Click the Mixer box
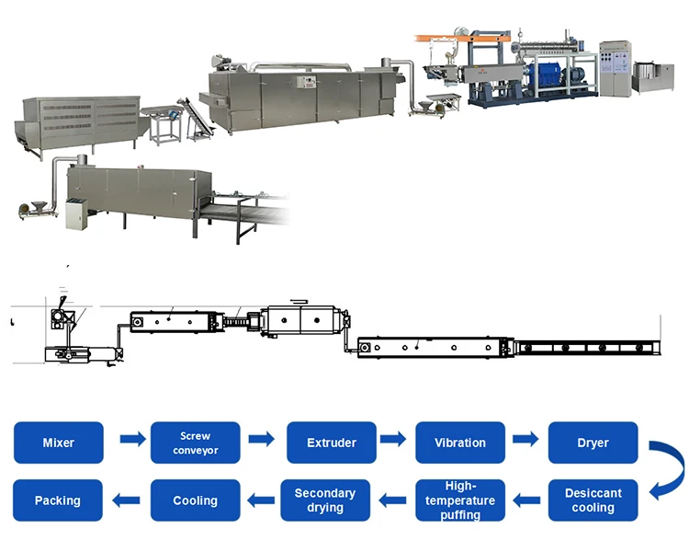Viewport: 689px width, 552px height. coord(59,443)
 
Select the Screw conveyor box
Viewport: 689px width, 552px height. coord(196,443)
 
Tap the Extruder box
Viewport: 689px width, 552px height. coord(332,443)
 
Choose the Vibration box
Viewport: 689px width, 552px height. coord(460,443)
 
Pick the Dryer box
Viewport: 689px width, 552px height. coord(593,443)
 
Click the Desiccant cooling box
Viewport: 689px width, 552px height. coord(593,500)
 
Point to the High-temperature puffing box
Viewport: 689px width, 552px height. coord(460,500)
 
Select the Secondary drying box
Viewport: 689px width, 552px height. coord(325,500)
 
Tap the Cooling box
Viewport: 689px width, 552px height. coord(196,500)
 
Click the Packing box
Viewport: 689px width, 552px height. coord(58,500)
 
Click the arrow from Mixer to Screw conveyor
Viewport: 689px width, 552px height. coord(132,441)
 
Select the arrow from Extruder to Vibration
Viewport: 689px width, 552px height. coord(396,441)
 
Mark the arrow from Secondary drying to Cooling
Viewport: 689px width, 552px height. coord(261,500)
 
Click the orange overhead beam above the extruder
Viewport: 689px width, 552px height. coord(459,39)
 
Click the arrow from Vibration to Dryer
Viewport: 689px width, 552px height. coord(526,441)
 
